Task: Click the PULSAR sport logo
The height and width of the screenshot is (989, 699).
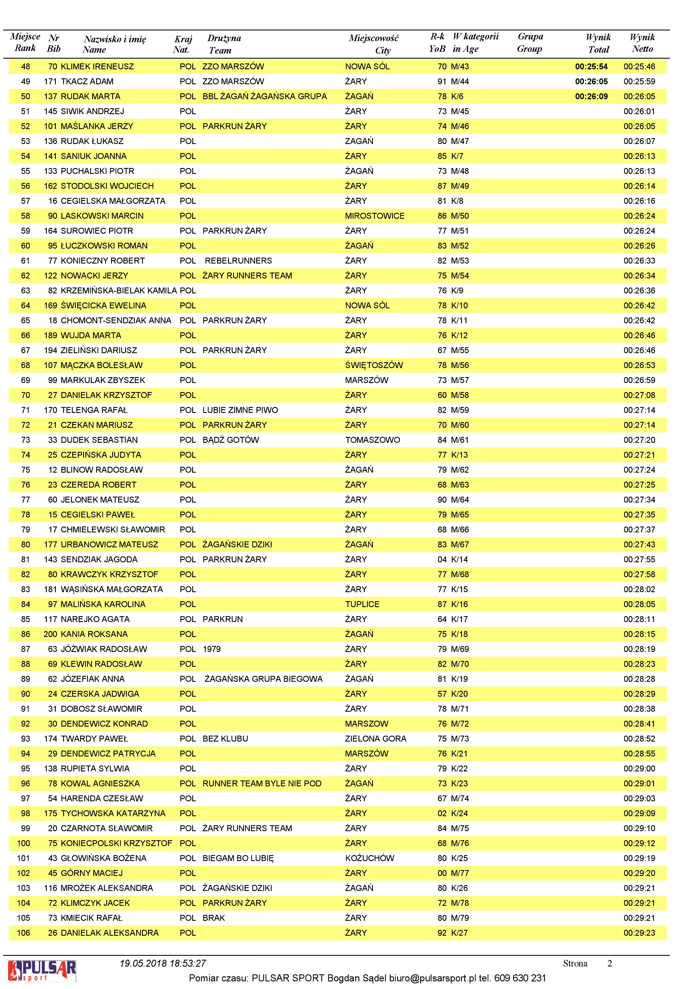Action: tap(42, 971)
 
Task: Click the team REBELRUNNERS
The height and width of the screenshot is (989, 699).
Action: tap(238, 261)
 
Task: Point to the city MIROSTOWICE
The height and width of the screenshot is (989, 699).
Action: tap(374, 216)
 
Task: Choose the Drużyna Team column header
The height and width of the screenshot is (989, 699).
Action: tap(224, 44)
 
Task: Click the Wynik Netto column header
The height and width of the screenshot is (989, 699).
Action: tap(642, 43)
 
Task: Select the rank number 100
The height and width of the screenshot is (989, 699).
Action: tap(23, 843)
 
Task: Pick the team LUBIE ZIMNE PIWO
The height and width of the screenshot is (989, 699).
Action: tap(240, 410)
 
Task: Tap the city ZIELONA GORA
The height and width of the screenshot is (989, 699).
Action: tap(375, 739)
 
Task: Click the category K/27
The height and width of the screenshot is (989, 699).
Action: tap(459, 933)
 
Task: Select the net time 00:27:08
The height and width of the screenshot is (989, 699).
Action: tap(639, 395)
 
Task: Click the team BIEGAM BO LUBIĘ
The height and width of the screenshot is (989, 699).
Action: tap(238, 858)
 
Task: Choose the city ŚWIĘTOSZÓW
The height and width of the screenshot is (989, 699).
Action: tap(373, 365)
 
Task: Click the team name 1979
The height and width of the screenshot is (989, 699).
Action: tap(211, 649)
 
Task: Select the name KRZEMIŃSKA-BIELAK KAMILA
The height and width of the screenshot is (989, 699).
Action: tap(118, 290)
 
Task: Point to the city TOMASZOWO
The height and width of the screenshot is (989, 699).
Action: tap(372, 440)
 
